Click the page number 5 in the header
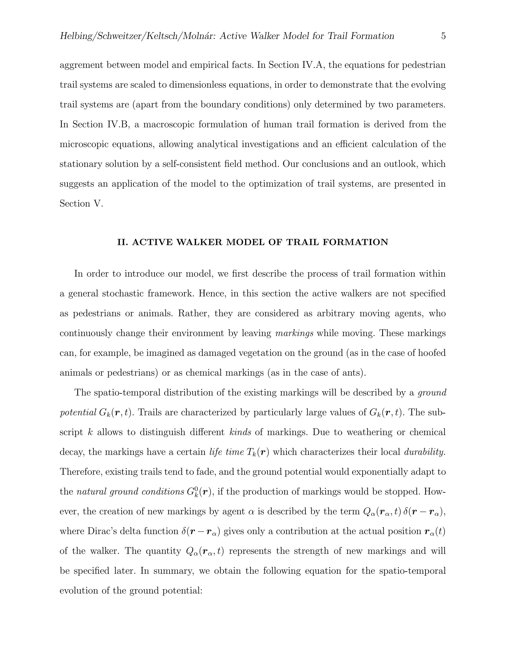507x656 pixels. pos(443,36)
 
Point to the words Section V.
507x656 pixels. pos(81,204)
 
